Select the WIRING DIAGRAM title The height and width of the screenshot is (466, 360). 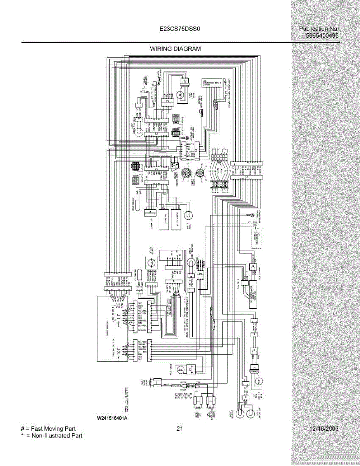tap(176, 49)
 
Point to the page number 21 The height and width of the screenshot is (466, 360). tap(179, 429)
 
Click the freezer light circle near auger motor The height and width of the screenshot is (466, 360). tap(190, 215)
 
